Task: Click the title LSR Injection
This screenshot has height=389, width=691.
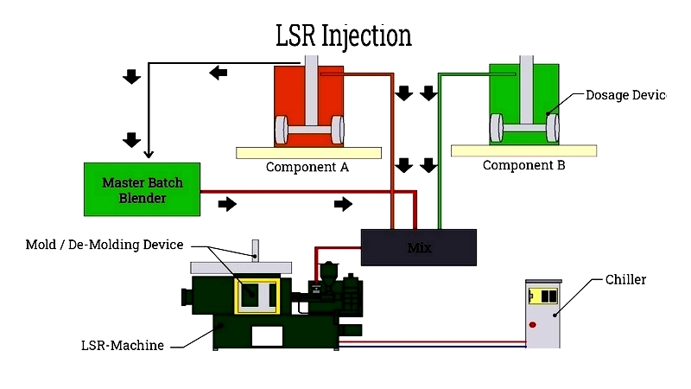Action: [344, 35]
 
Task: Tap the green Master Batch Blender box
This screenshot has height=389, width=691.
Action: [142, 188]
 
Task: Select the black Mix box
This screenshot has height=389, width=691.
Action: [418, 247]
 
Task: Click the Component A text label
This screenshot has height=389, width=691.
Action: [307, 167]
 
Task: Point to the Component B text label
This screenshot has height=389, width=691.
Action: [523, 165]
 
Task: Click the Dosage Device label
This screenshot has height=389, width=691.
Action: [625, 94]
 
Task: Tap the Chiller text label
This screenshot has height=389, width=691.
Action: [625, 279]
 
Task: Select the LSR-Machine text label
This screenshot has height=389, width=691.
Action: [130, 346]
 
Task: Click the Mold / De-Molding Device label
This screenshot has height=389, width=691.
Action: [105, 245]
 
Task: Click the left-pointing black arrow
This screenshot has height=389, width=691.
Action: [219, 73]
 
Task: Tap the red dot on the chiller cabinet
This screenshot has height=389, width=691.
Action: [533, 325]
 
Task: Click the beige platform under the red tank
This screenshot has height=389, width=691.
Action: [308, 153]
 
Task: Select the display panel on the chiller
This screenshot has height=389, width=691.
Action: [544, 296]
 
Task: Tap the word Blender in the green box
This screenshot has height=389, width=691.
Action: [143, 198]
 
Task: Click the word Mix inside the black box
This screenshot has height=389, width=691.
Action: [418, 248]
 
